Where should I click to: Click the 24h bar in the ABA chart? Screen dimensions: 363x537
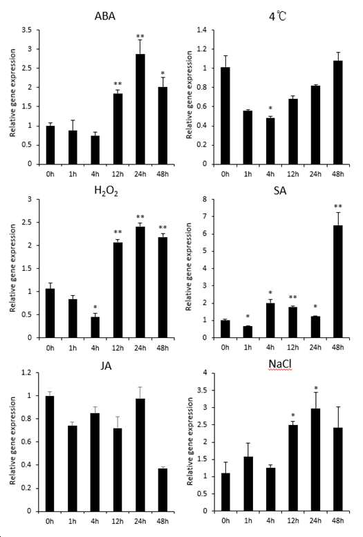click(x=140, y=109)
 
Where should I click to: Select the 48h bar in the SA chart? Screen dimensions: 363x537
click(x=337, y=281)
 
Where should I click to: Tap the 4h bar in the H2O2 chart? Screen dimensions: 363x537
click(x=95, y=327)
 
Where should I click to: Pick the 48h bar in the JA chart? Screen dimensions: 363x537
click(x=162, y=490)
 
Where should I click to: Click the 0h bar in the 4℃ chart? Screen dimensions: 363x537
click(x=225, y=115)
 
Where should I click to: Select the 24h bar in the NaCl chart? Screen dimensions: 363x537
click(x=315, y=460)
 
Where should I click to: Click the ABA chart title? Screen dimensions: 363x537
click(x=105, y=16)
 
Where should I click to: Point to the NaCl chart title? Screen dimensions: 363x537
click(x=280, y=364)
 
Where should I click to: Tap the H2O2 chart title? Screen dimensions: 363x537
click(x=106, y=191)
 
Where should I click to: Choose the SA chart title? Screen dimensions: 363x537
click(x=280, y=191)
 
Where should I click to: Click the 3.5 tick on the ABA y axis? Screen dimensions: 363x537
click(x=27, y=30)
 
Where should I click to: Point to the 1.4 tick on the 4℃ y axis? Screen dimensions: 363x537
click(x=202, y=30)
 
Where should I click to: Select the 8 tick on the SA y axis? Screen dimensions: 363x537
click(x=205, y=199)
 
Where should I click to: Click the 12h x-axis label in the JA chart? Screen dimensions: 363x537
click(x=118, y=521)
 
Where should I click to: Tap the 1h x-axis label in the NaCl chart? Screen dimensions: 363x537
click(x=248, y=521)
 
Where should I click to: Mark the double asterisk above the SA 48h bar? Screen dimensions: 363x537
click(x=338, y=206)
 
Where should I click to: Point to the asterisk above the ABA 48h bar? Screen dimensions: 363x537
click(x=162, y=73)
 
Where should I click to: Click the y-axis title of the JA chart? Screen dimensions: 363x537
click(x=13, y=441)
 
